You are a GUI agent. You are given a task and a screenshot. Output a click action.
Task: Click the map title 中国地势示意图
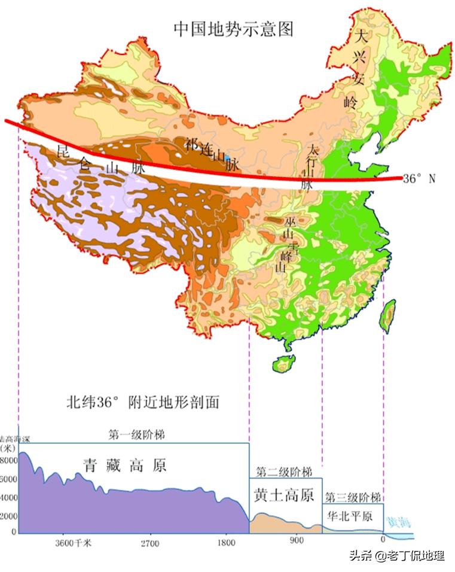[234, 29]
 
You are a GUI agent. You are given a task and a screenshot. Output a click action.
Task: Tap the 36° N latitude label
[426, 178]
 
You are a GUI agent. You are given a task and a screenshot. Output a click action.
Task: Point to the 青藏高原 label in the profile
[124, 465]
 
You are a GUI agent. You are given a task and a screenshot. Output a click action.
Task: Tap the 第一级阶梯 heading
[136, 435]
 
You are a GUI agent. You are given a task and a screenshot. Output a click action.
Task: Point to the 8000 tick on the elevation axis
[10, 461]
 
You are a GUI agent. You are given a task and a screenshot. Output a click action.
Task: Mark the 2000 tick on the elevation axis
[10, 516]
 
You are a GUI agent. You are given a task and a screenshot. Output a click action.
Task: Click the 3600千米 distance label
[74, 544]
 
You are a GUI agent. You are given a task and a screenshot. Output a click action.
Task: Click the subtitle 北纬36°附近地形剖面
[142, 402]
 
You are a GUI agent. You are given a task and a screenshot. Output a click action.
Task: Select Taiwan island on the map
[388, 314]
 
